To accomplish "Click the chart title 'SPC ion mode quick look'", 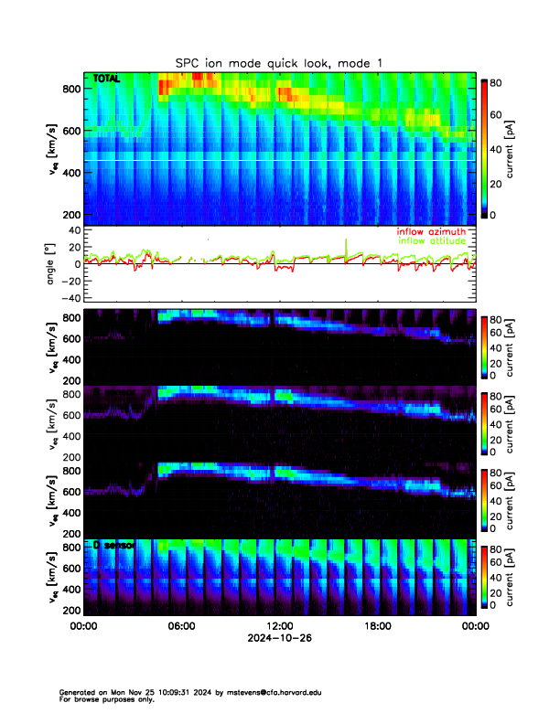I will coord(261,62).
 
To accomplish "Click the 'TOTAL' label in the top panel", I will coord(107,80).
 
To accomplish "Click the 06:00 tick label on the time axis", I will coord(181,626).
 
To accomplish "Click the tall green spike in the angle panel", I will coord(346,247).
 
